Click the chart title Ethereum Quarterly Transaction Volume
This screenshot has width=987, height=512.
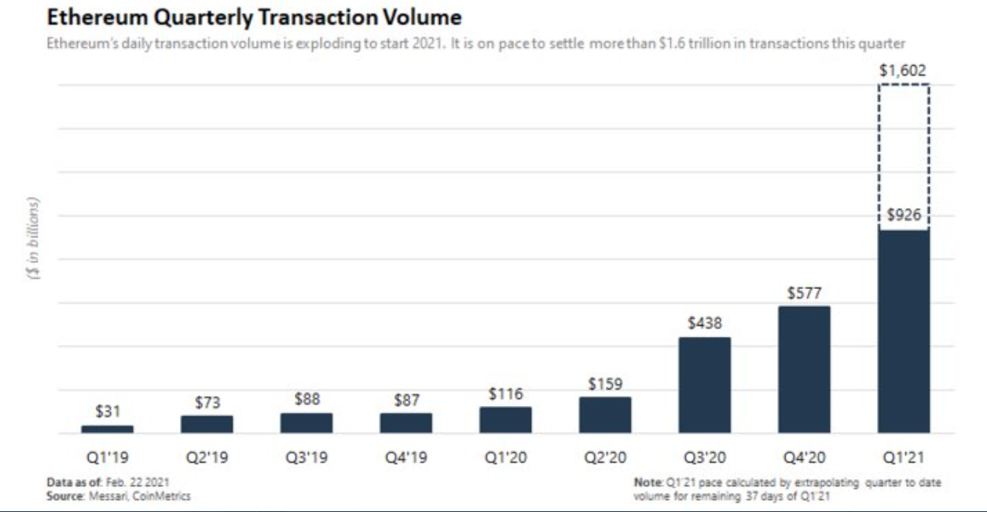[x=254, y=16]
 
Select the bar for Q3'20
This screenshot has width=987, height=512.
[x=704, y=385]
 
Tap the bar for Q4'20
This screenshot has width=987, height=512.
[x=804, y=369]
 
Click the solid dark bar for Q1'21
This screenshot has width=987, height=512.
[x=904, y=331]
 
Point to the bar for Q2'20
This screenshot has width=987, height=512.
[x=605, y=415]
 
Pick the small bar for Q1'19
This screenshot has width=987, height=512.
[x=108, y=429]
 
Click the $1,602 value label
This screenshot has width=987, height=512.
[x=903, y=71]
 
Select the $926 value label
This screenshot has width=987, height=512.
[x=904, y=214]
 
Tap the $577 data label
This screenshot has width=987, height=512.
[x=804, y=294]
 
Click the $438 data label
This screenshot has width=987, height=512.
[x=704, y=323]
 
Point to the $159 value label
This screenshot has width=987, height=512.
[x=605, y=384]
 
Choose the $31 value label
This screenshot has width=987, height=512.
[x=108, y=411]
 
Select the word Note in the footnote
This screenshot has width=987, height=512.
[x=647, y=481]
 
